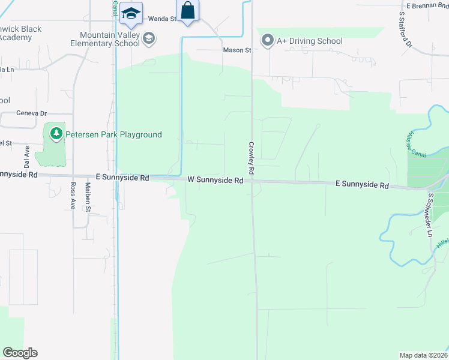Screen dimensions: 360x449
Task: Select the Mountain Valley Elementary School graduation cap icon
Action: point(149,39)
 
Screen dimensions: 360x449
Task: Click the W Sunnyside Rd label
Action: point(215,179)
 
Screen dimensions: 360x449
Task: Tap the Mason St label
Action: point(237,50)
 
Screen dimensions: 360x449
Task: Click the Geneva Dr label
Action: point(31,113)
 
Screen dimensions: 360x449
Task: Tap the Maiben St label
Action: point(87,200)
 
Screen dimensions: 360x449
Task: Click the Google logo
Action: point(20,353)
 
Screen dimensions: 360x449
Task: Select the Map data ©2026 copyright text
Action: point(423,355)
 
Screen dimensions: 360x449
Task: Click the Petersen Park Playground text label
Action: point(115,134)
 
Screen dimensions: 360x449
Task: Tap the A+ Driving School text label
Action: point(309,41)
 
